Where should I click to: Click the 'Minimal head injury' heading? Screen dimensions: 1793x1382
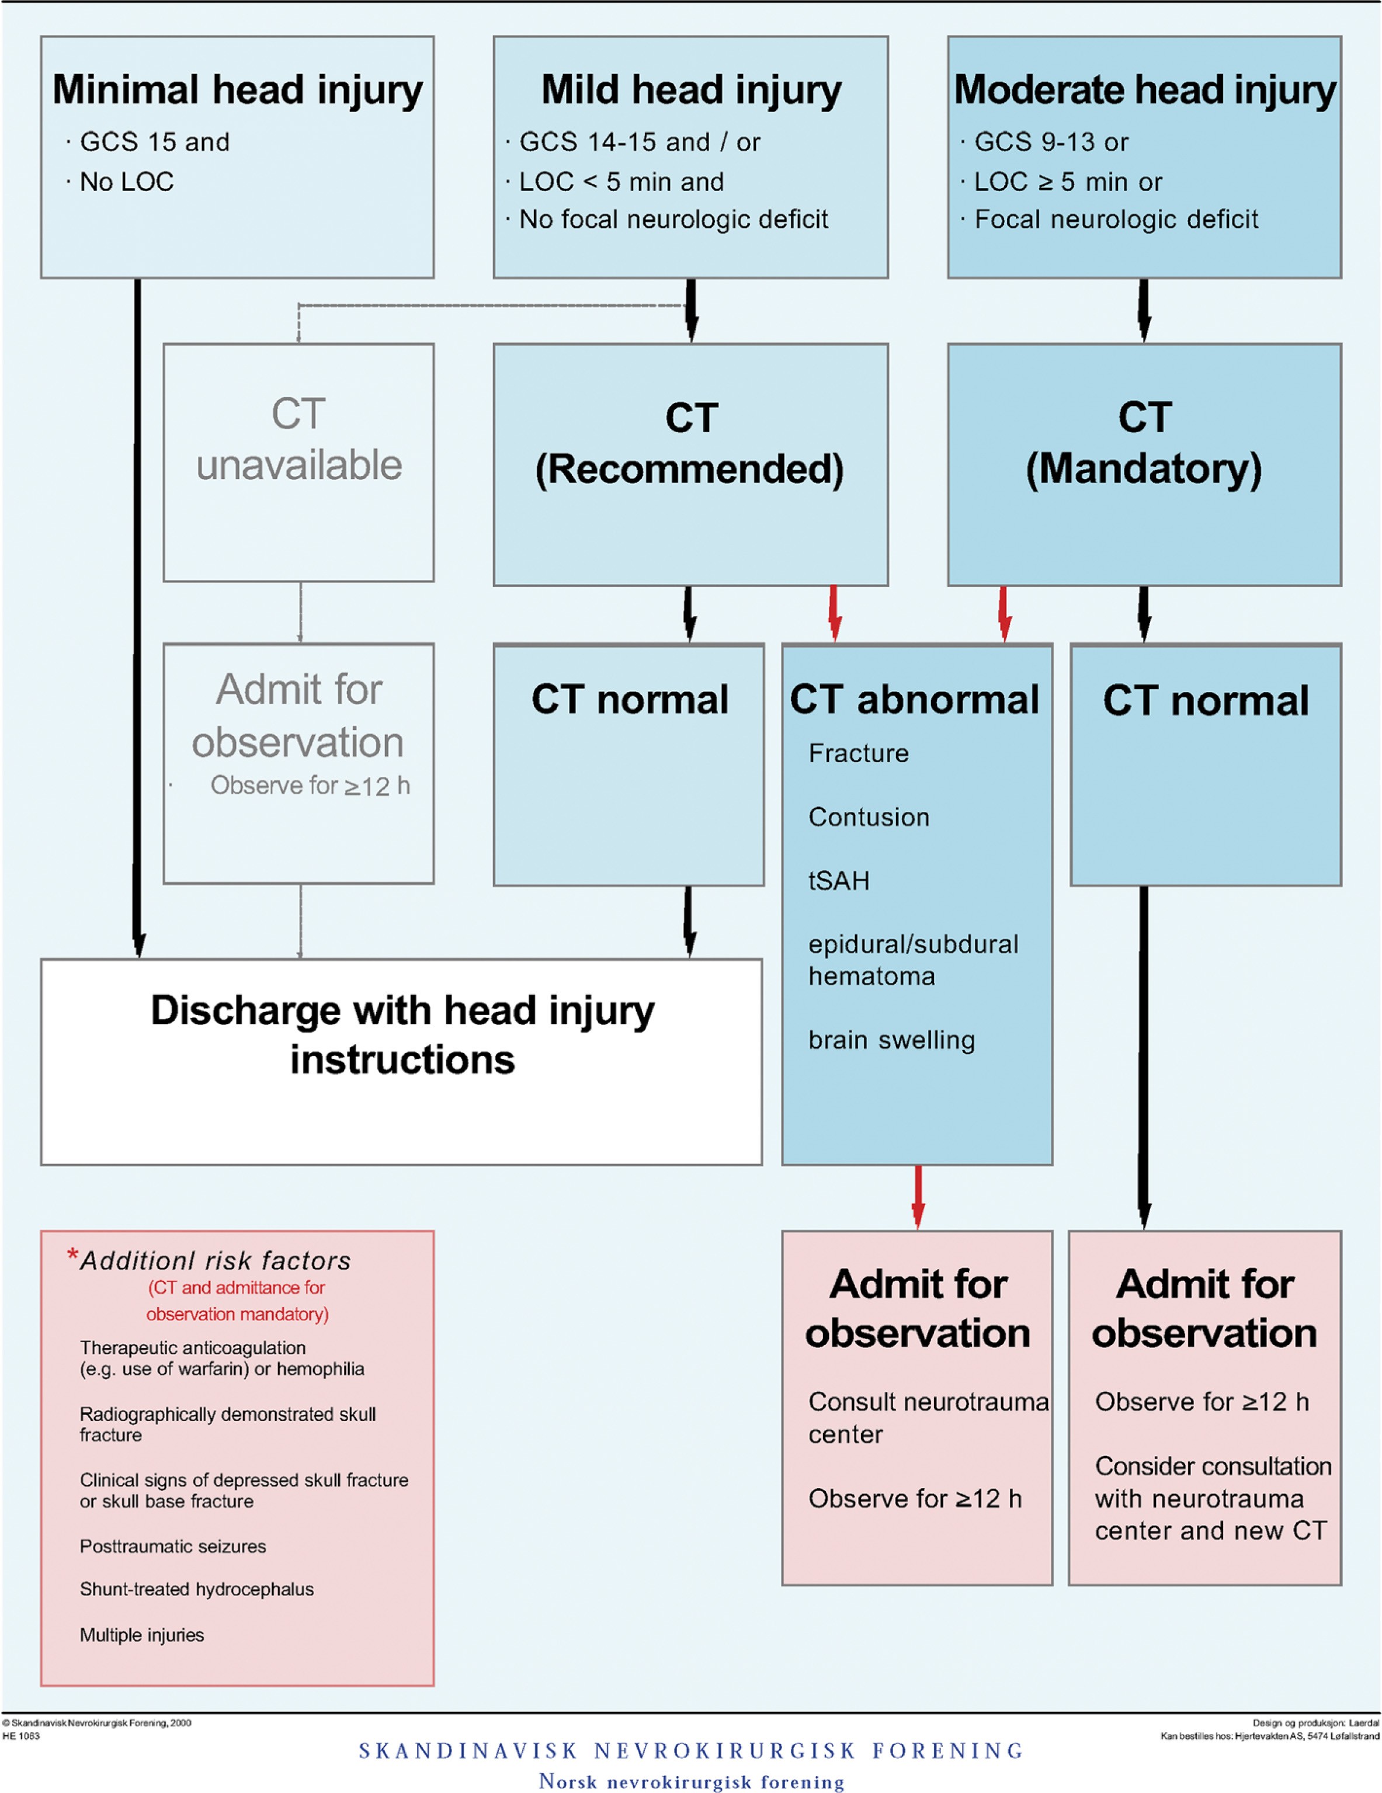(x=237, y=91)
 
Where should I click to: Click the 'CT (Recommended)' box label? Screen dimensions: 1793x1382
(x=690, y=443)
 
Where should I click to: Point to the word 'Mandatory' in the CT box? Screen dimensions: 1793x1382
(x=1144, y=469)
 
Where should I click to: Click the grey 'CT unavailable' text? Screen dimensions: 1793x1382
(x=299, y=439)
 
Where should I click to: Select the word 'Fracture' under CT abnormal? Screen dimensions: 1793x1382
(x=858, y=753)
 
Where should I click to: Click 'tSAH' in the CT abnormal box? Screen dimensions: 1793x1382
(x=838, y=880)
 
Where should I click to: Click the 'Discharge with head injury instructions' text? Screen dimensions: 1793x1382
(x=402, y=1034)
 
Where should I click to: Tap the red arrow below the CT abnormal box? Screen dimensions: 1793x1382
(x=918, y=1196)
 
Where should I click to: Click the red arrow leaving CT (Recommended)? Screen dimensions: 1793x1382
(x=834, y=613)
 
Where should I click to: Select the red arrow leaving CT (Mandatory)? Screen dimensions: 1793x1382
(x=1003, y=613)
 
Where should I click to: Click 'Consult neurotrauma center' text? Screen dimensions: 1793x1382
(x=928, y=1418)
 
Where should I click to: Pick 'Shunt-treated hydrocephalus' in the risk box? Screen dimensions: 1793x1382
(x=196, y=1589)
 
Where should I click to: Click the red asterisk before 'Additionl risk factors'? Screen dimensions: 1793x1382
(x=73, y=1256)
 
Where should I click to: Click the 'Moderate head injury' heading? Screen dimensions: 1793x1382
(x=1145, y=91)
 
